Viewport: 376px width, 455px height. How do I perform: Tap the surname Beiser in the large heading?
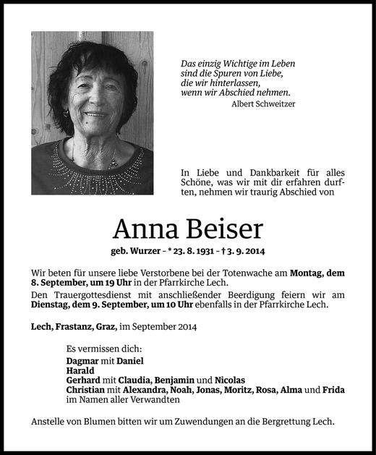click(224, 229)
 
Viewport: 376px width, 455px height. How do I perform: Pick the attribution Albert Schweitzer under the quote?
click(263, 103)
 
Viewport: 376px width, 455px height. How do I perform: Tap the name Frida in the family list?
click(334, 390)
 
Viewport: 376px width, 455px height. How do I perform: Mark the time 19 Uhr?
click(129, 283)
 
